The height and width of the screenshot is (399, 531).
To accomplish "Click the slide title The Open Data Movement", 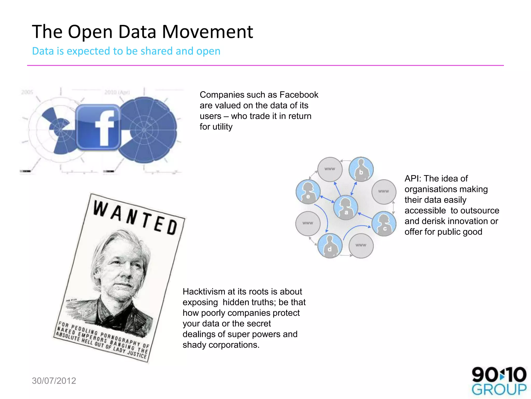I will coord(142,32).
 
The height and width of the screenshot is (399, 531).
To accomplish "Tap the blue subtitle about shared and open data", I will coord(126,51).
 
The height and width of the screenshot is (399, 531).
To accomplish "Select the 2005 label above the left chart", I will coord(27,92).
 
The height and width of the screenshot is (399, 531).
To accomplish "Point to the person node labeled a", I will coord(346,208).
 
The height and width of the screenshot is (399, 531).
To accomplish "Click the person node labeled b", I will coord(361,169).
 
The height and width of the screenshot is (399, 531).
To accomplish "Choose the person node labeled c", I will coord(384,224).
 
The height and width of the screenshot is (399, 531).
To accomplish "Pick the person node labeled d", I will coord(330,245).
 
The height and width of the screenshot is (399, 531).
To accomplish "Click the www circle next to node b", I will coord(330,169).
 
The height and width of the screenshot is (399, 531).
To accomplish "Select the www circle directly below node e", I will coord(308,223).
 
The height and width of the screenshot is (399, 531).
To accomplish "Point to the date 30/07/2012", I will coord(54,381).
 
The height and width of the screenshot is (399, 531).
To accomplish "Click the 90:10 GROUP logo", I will coord(499,381).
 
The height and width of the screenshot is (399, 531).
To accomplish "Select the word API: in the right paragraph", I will coord(413,179).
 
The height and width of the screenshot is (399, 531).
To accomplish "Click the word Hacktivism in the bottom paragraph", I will coord(204,292).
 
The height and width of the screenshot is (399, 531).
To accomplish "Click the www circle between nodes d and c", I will coord(361,245).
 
